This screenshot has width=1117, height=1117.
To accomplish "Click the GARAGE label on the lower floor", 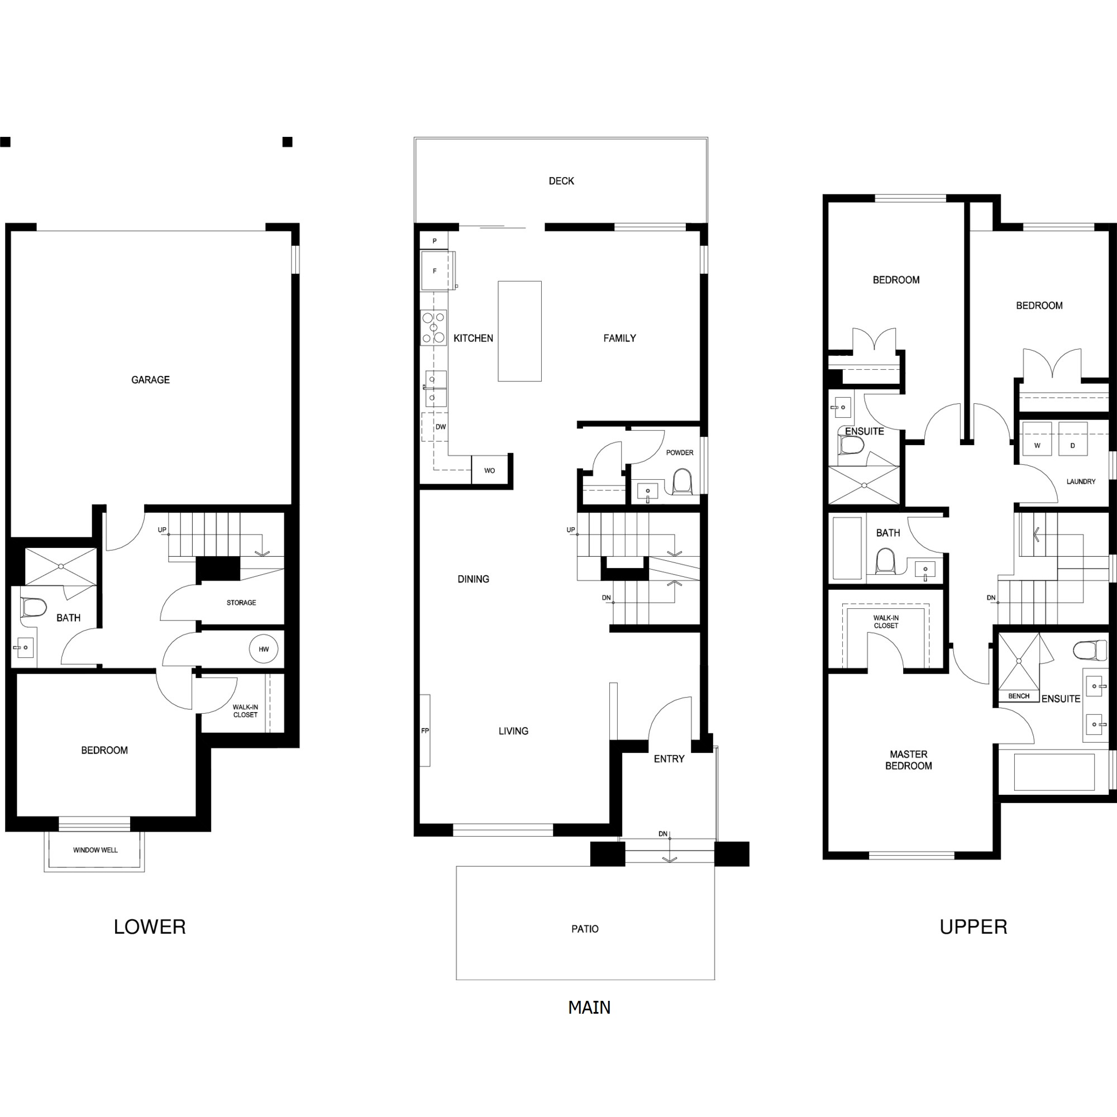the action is coord(150,380).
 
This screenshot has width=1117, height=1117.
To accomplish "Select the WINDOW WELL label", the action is coord(96,850).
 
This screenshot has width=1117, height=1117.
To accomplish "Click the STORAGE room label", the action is coord(241,603).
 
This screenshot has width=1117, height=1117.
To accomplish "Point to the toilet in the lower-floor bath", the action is coord(34,608).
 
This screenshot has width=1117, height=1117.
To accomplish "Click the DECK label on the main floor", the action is coord(561,181).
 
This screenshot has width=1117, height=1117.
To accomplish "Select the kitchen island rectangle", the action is coord(520,331).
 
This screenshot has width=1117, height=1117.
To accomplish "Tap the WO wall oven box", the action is coord(490,470).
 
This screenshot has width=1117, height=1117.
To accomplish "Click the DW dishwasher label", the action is coord(441,427).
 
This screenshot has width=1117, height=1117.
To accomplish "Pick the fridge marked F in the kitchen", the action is coord(435,270).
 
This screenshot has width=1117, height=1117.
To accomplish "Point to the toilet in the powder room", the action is coord(682,481).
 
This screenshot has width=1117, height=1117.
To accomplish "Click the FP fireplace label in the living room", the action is coord(425,731).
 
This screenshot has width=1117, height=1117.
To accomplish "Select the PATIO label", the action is coord(585,929).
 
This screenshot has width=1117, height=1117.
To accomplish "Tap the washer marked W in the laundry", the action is coord(1037,440).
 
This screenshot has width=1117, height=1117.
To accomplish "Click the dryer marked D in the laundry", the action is coord(1072,440).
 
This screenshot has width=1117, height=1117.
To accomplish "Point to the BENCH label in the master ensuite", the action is coord(1019,696).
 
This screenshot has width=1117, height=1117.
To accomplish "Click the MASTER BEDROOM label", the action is coord(908,760).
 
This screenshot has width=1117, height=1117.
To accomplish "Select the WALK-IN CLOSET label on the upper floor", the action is coord(886,622).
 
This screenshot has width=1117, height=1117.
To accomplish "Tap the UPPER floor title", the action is coord(973,927).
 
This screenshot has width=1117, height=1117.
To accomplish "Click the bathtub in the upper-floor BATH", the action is coord(847,548).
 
